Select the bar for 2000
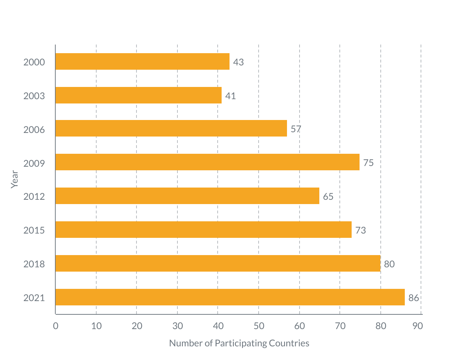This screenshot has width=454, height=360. [143, 61]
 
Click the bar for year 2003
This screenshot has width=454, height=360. [139, 95]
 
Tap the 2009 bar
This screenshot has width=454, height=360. [208, 162]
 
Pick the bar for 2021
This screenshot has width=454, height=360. [230, 297]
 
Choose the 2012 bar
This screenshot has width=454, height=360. [187, 196]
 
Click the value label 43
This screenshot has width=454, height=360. [238, 62]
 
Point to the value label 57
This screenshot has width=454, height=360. [296, 129]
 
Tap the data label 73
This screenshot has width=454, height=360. [361, 230]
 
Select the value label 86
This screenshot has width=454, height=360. [414, 298]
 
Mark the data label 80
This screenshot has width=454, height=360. [389, 264]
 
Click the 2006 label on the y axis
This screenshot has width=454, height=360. [34, 130]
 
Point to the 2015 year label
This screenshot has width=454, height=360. [34, 230]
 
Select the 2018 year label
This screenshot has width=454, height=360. [34, 264]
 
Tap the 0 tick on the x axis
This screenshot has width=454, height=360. [56, 326]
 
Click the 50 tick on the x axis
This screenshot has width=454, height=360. [259, 326]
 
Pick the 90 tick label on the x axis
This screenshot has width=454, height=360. [418, 326]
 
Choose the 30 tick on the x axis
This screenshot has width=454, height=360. [177, 326]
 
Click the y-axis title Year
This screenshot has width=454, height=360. [14, 179]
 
